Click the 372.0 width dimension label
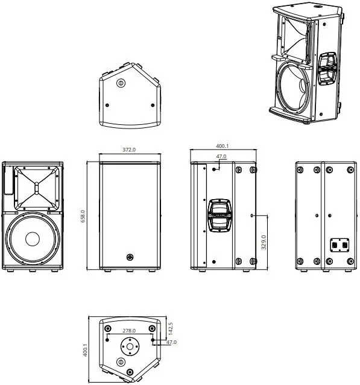pos(129,149)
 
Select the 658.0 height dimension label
pos(84,216)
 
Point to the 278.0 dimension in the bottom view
pos(129,331)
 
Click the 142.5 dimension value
pos(171,328)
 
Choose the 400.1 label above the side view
pos(221,146)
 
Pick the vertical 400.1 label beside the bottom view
pos(85,349)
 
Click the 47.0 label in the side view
pos(221,157)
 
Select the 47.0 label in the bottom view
pos(171,342)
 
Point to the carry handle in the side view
pos(220,215)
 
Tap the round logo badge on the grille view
pos(129,258)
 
